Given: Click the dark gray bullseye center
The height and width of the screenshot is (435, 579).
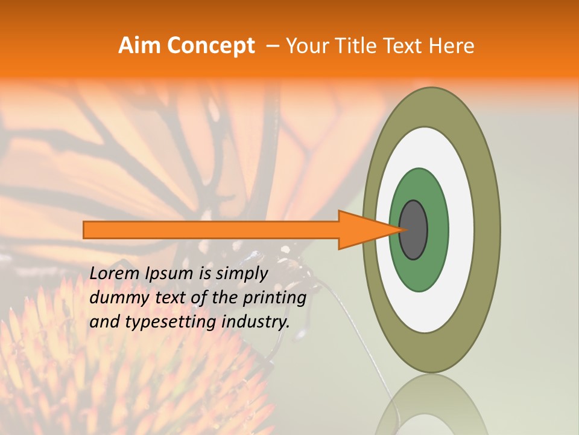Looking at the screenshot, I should click(x=414, y=230).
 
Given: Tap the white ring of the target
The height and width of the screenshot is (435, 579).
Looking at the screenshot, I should click(x=461, y=230).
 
